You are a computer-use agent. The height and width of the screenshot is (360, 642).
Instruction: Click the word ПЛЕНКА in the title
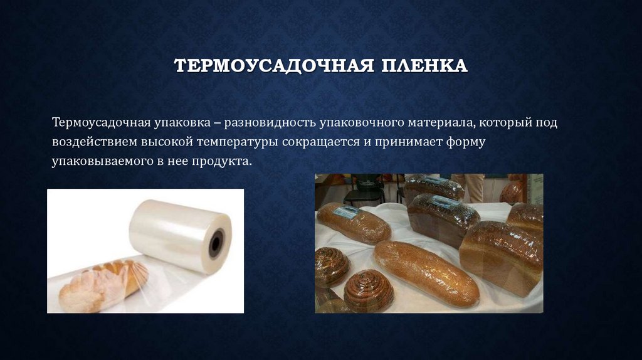tap(424, 66)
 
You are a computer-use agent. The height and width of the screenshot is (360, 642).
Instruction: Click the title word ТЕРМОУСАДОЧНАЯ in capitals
tap(274, 66)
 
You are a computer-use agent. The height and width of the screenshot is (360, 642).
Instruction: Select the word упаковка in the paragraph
tap(182, 123)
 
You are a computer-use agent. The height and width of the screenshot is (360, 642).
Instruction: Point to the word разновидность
tap(270, 123)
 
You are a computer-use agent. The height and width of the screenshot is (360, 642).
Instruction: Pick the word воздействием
tap(95, 142)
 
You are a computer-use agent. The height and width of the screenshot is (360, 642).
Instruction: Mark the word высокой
tap(167, 142)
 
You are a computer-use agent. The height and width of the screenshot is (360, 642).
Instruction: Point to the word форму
tap(466, 142)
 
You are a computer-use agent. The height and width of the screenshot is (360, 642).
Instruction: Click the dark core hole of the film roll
tap(216, 243)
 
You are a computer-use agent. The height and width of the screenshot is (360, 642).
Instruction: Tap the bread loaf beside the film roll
tap(103, 285)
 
